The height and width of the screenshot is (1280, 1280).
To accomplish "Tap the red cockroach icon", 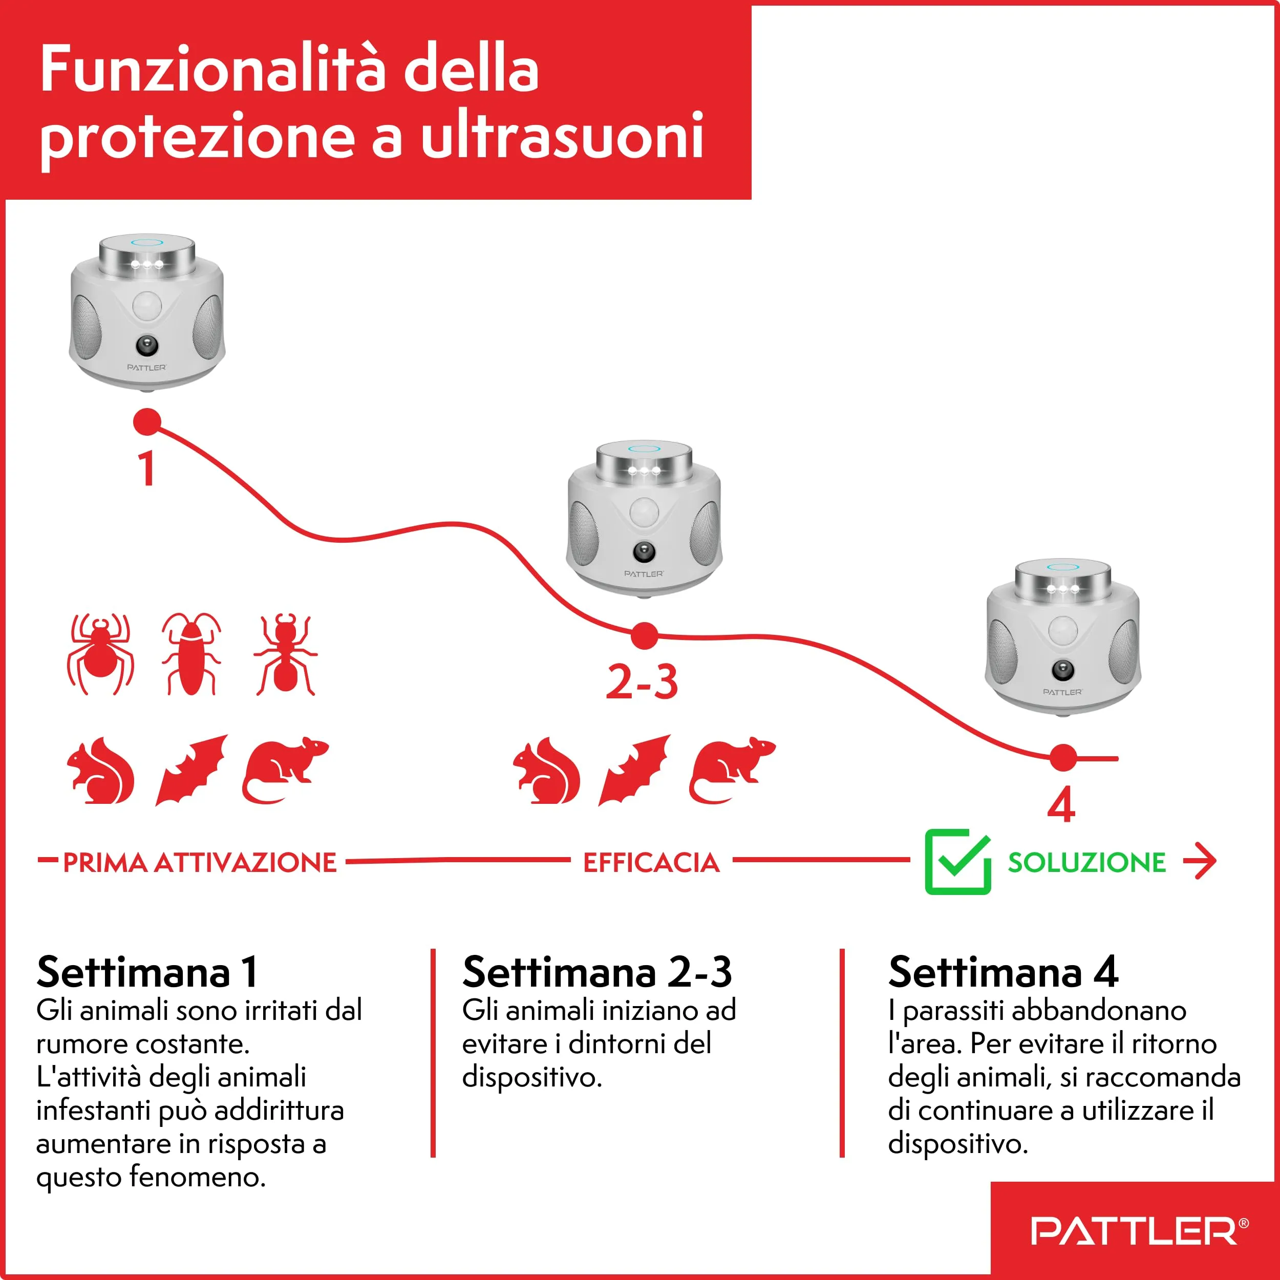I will (x=191, y=654).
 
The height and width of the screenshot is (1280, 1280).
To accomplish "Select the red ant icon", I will (x=286, y=654).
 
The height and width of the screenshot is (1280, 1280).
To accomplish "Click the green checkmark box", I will (x=957, y=861).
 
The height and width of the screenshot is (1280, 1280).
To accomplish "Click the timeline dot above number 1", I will (x=147, y=422).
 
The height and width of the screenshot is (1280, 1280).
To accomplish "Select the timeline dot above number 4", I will (x=1063, y=758).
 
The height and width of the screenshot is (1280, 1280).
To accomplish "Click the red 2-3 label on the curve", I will (x=642, y=682).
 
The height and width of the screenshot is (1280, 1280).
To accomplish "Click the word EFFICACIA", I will (x=651, y=863).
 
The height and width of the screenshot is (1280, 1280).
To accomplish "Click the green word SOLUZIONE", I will (x=1086, y=863).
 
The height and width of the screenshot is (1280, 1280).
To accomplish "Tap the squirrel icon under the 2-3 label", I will (x=547, y=771).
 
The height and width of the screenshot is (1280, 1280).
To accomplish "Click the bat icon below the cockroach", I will (x=191, y=771).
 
